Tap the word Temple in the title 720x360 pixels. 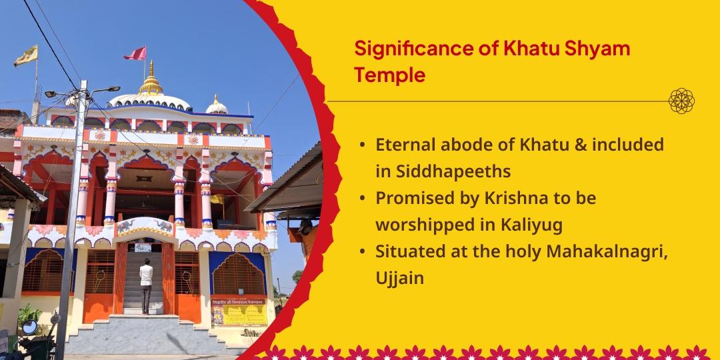[389, 75]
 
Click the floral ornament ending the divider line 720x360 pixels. [681, 101]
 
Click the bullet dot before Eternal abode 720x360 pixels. [361, 145]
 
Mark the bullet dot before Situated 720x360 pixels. [361, 252]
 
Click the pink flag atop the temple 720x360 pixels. [136, 53]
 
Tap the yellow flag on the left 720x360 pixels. [26, 57]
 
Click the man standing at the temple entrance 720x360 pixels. [146, 280]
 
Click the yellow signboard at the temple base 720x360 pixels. [239, 312]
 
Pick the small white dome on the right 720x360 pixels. [216, 105]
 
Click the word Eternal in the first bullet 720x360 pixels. [407, 145]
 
